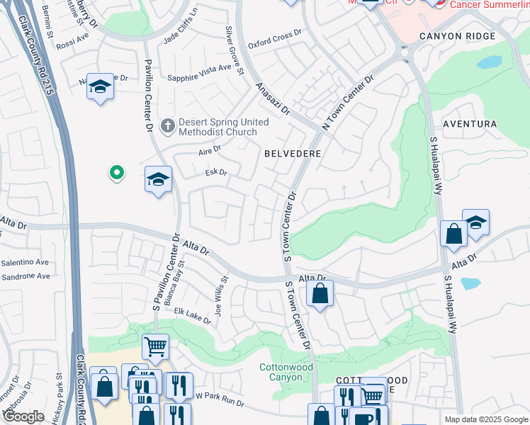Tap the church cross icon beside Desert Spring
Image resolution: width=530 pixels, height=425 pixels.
167,126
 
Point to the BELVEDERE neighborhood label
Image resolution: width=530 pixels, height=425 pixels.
293,153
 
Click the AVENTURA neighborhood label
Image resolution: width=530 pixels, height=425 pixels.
469,124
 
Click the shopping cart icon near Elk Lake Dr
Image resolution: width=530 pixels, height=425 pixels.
155,347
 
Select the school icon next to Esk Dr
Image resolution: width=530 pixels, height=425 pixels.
158,180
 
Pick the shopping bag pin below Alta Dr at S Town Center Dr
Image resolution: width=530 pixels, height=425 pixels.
320,293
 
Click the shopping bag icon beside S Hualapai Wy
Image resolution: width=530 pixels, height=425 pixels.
453,234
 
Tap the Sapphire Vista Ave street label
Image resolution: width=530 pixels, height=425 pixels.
199,67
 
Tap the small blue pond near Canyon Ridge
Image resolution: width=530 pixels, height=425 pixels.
489,62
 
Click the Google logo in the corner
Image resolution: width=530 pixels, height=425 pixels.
23,417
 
